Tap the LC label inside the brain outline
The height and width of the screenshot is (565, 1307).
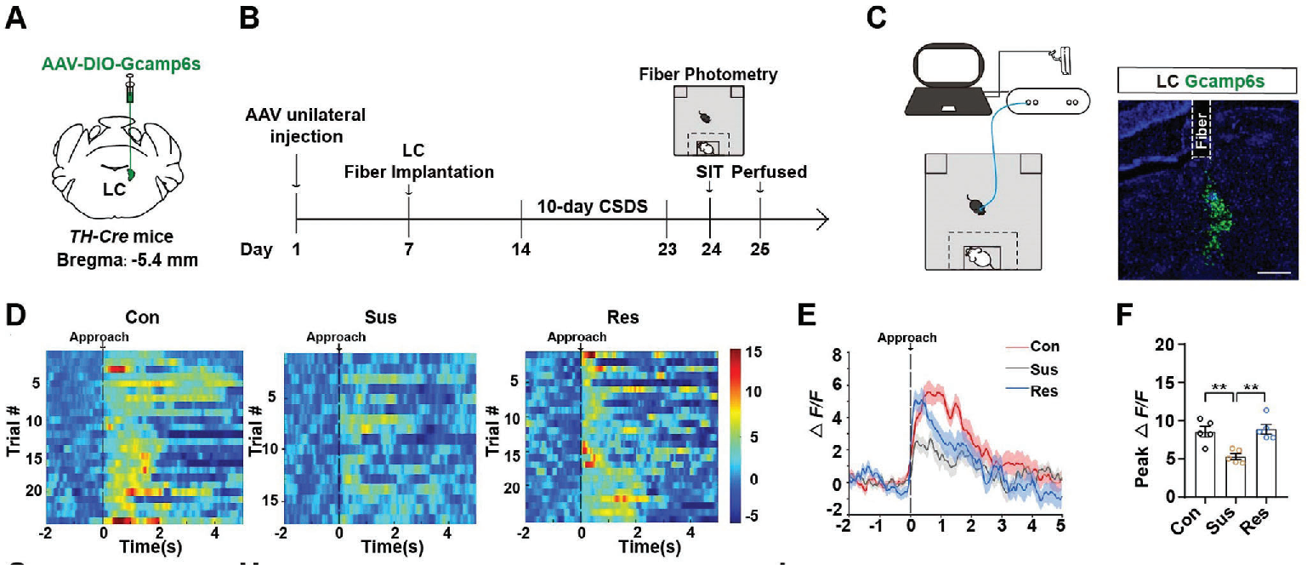(114, 188)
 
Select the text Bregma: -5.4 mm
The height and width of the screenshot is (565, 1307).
(129, 260)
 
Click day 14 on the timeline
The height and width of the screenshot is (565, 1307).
(521, 249)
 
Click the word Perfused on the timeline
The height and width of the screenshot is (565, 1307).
(769, 173)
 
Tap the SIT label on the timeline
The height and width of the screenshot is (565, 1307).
(709, 173)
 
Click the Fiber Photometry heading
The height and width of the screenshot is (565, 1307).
(707, 74)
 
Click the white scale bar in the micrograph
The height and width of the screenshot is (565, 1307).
(1274, 273)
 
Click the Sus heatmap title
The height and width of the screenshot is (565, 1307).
(338, 318)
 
